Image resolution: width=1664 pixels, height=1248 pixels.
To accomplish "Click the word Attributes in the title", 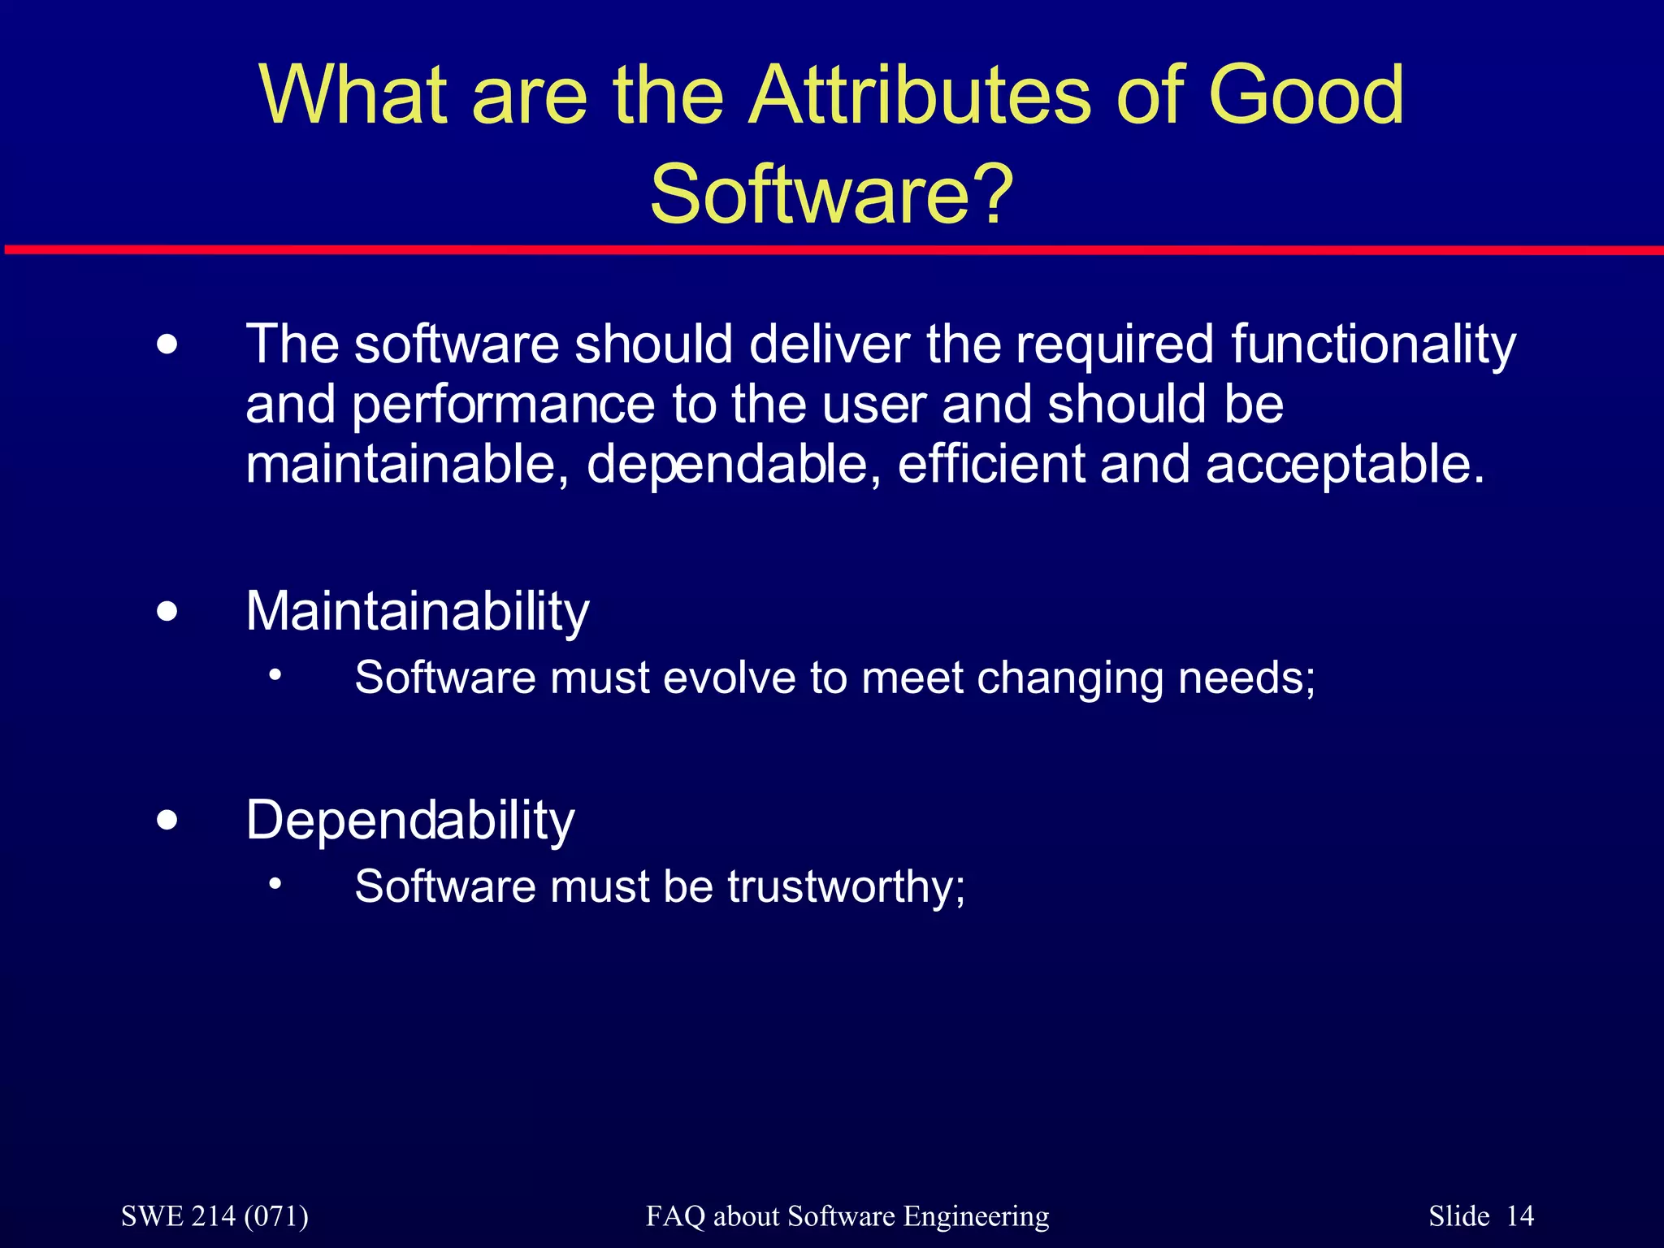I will tap(920, 96).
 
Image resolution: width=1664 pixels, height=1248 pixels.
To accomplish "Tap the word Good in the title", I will tap(1306, 96).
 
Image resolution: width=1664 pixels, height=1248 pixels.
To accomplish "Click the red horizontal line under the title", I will tap(832, 249).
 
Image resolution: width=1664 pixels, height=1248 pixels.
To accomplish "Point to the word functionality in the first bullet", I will tap(1372, 344).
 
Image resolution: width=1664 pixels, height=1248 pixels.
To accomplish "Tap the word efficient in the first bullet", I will tap(990, 465).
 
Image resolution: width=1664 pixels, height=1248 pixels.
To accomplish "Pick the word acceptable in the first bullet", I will tap(1345, 465).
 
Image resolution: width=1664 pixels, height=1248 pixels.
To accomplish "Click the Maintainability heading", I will tap(417, 611).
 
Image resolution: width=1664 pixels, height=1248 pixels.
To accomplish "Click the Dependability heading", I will tap(410, 820).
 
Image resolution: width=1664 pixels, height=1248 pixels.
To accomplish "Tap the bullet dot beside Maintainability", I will tap(167, 611).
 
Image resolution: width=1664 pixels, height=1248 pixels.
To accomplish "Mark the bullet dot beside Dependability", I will tap(167, 820).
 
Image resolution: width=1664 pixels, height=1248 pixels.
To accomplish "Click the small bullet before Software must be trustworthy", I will tap(276, 883).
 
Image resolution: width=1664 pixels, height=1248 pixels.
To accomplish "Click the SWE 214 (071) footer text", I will tap(214, 1216).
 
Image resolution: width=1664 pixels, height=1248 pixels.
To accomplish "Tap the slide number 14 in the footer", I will tap(1519, 1216).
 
